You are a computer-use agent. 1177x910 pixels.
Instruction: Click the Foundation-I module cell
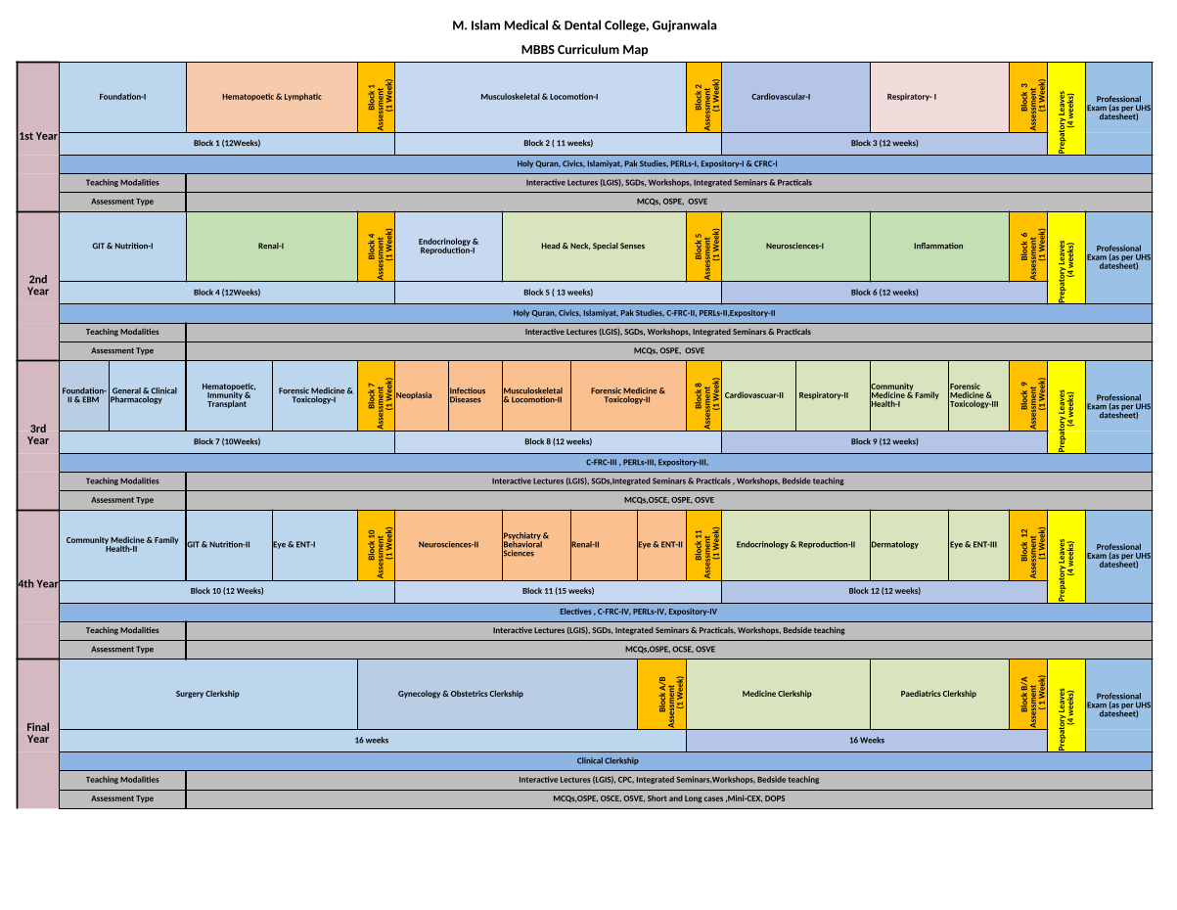tap(122, 97)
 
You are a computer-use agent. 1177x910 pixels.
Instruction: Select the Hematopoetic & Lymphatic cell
tap(271, 97)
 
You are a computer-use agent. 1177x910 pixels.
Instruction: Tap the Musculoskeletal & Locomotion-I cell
tap(539, 97)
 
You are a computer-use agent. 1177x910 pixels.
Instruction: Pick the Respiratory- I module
tap(911, 97)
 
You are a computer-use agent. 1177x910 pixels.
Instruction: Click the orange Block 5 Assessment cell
tap(704, 247)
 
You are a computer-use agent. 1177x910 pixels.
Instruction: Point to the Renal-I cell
tap(271, 247)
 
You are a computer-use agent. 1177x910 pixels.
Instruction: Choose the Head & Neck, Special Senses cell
tap(593, 247)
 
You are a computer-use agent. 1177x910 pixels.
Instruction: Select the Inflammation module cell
tap(938, 247)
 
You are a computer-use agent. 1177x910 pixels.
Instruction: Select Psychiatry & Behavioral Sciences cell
tap(535, 545)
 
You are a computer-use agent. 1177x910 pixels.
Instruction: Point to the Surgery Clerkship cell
tap(207, 694)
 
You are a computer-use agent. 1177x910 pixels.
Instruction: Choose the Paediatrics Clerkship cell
tap(938, 694)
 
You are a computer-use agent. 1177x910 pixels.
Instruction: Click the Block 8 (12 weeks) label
tap(558, 441)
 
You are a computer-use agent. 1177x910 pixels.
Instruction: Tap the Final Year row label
tap(38, 733)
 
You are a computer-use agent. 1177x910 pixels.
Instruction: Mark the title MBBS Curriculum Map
tap(584, 50)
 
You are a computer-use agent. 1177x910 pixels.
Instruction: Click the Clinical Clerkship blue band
tap(607, 760)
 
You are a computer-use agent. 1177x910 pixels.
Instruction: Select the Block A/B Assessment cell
tap(661, 694)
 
